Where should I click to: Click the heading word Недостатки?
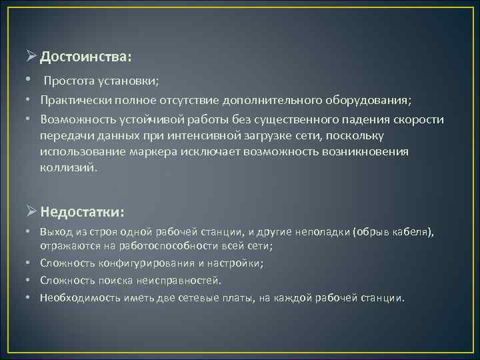pos(81,212)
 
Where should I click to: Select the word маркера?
pos(162,152)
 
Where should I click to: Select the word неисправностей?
pos(179,280)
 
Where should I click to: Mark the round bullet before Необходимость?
pos(31,297)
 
